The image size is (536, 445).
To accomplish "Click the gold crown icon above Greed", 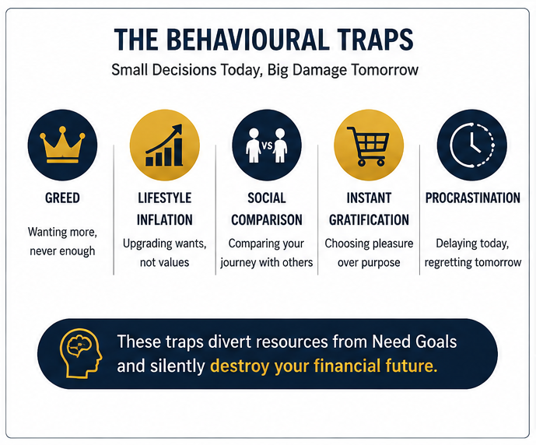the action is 62,145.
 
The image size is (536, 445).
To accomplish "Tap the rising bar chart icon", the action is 164,145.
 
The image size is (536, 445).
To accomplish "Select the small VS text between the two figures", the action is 267,146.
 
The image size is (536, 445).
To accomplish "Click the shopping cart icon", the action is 368,146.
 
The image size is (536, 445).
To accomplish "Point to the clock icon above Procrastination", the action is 472,145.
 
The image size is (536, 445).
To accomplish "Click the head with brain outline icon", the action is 81,353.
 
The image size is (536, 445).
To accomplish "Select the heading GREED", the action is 62,198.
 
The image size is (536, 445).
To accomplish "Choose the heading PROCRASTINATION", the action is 473,198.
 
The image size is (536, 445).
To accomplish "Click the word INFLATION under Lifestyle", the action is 165,219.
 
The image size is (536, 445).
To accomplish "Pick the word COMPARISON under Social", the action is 267,219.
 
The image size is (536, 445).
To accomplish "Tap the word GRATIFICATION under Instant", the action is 369,219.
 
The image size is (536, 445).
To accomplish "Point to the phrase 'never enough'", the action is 62,251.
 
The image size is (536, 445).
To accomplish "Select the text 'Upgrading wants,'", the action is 165,244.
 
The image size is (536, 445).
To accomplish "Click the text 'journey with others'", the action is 267,262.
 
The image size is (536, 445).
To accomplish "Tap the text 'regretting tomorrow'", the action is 473,262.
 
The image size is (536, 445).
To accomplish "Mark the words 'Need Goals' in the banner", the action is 415,342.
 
